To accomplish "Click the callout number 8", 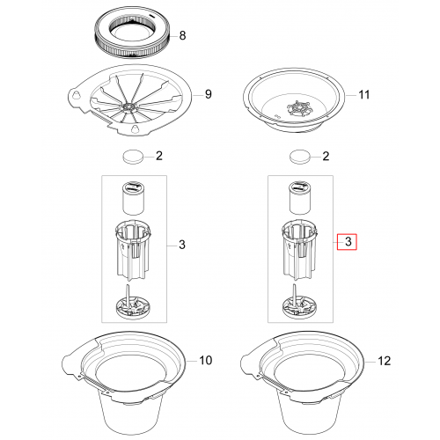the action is tap(182, 35).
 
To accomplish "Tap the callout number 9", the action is tap(208, 94).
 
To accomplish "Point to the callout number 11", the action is tap(364, 95).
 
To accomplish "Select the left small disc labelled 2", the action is tap(133, 157).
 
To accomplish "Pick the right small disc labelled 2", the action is tap(300, 157).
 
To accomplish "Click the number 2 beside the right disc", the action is tap(326, 156).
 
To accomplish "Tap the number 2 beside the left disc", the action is tap(159, 156).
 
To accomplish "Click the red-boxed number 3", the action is tap(348, 242).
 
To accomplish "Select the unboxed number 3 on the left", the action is tap(182, 245).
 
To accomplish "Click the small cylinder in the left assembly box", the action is tap(133, 198).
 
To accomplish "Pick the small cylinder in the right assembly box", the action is tap(300, 198).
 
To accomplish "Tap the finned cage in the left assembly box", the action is tap(133, 250).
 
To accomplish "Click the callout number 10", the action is tap(206, 360).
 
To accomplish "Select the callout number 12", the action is tap(385, 361).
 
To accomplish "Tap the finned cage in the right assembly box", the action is tap(299, 250).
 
